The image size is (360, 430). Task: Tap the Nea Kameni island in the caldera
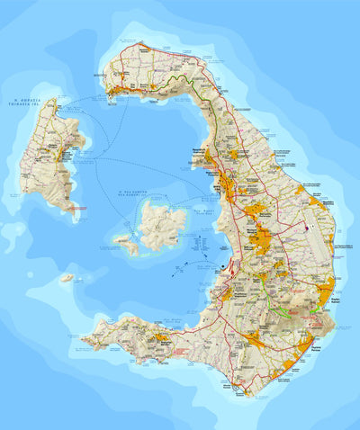tap(162, 224)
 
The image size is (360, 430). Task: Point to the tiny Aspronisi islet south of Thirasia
tap(67, 278)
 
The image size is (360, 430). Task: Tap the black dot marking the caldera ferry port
tap(223, 267)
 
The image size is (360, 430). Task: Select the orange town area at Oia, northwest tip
tap(117, 87)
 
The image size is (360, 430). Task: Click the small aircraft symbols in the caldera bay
tap(191, 266)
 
